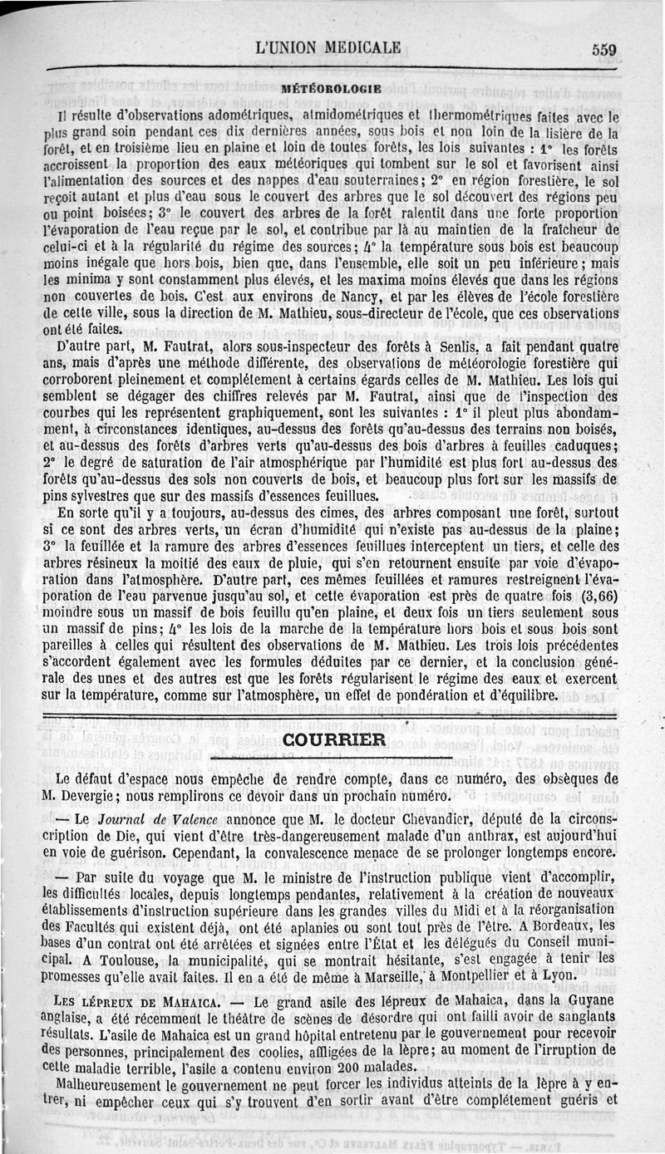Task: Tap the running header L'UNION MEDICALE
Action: click(x=329, y=47)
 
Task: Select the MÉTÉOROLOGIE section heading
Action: click(x=331, y=87)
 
